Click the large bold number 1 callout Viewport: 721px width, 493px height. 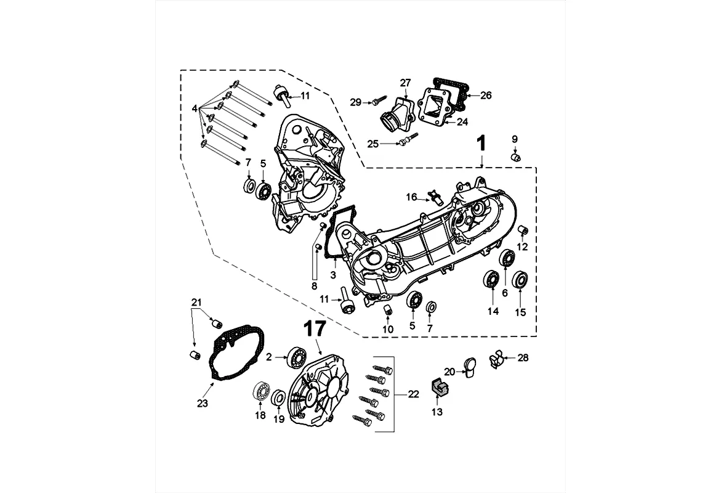[480, 144]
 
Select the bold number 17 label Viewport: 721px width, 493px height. [315, 330]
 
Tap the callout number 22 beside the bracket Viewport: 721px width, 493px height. [413, 394]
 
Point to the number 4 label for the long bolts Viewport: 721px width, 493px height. [195, 108]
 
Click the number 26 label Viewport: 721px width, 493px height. [486, 96]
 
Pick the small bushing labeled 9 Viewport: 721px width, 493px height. [517, 158]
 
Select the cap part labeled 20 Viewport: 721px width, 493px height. [469, 367]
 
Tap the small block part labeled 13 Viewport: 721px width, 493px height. [438, 386]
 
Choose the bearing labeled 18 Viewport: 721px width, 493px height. [262, 392]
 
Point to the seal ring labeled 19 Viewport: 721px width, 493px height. [279, 397]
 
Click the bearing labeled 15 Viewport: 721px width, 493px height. [520, 279]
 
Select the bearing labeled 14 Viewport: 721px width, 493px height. [491, 280]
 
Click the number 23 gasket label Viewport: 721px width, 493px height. [203, 403]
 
